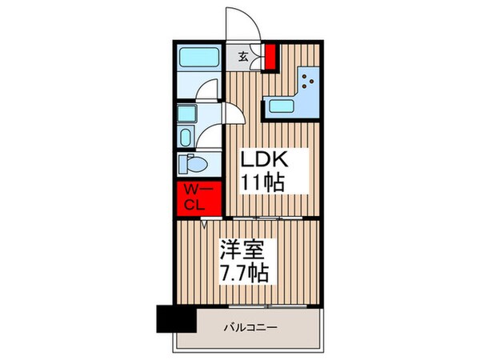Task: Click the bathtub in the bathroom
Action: click(x=199, y=58)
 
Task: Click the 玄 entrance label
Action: click(x=242, y=56)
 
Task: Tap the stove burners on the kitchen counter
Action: click(x=310, y=81)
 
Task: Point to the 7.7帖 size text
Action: click(x=243, y=273)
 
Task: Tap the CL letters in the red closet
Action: click(x=195, y=206)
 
